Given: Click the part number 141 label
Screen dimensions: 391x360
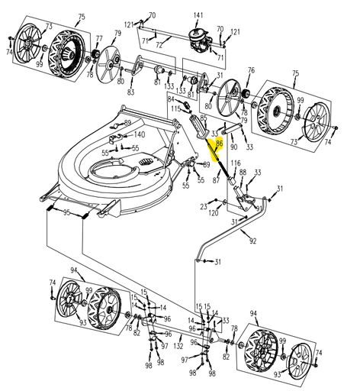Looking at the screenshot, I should pos(198,15).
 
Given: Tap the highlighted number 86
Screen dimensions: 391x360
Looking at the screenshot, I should pos(220,143).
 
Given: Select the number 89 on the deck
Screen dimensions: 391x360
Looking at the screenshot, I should pos(127,123).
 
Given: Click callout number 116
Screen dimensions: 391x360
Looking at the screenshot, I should pos(236,164).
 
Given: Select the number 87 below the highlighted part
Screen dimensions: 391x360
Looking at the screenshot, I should pos(216,180).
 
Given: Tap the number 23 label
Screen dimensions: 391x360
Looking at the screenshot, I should pos(203,206).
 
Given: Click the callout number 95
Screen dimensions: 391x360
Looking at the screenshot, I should pos(67,213).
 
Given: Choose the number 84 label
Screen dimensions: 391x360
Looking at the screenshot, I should pos(171,99).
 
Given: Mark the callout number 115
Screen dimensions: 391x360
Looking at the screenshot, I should pos(175,110).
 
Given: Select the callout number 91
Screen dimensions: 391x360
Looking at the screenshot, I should pos(259,208).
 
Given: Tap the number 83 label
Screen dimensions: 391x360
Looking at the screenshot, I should pos(130,92).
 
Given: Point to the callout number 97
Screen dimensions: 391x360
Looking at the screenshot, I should pos(184,360).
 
